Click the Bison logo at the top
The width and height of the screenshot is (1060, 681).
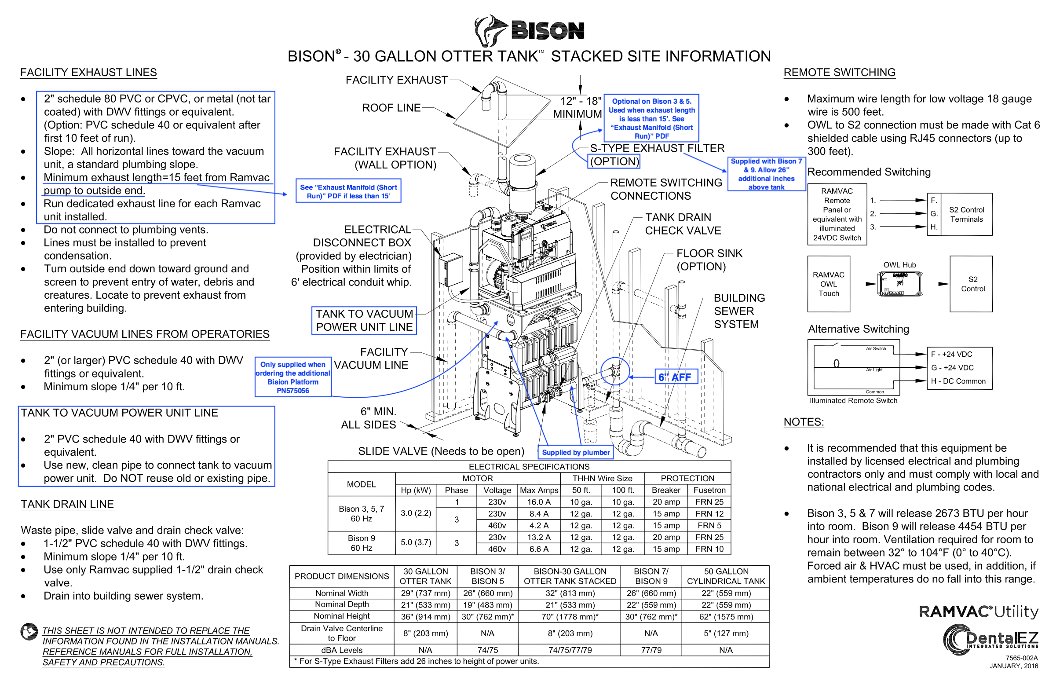click(529, 30)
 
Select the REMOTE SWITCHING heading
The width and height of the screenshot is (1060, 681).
click(839, 72)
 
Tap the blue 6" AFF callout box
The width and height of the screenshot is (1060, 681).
click(676, 377)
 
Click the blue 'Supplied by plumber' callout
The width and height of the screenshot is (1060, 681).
click(575, 452)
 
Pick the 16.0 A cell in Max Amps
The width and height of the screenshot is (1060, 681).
click(538, 502)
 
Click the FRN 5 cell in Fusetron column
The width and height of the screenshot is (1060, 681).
click(709, 525)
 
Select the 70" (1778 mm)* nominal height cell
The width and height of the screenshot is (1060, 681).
click(570, 616)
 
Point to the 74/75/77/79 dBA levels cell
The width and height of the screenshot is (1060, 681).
click(570, 650)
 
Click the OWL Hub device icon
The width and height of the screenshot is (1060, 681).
click(899, 284)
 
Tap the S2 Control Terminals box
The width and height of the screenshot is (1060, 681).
click(966, 215)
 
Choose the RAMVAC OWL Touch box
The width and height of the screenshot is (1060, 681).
click(828, 284)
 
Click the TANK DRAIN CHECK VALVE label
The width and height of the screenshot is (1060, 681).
click(683, 224)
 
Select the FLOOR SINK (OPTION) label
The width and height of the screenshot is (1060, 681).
click(709, 260)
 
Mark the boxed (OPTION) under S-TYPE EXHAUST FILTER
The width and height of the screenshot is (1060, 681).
click(614, 161)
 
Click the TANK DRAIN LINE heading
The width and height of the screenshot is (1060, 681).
click(67, 504)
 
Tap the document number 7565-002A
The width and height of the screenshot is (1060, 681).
click(1022, 658)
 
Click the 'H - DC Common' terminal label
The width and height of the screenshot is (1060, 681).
click(958, 381)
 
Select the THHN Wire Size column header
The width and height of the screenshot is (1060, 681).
click(602, 478)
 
